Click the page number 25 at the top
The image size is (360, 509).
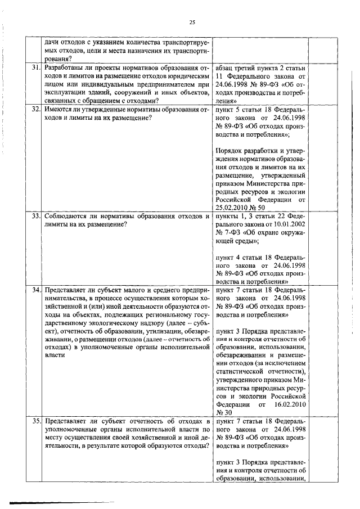point(192,22)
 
